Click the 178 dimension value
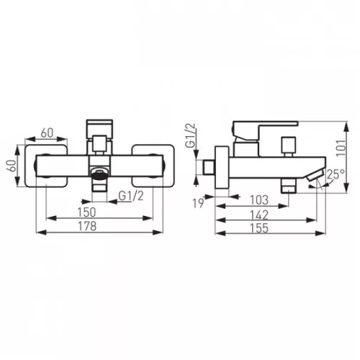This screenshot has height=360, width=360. tap(87, 226)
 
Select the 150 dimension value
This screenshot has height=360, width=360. tap(86, 212)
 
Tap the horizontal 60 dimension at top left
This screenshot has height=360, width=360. tap(47, 133)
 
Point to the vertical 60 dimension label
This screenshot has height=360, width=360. tap(12, 166)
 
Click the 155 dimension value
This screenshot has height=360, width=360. tap(259, 228)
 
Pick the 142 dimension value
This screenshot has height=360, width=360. tap(259, 215)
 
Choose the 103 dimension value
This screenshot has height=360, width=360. tap(259, 200)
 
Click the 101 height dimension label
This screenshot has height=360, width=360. tap(341, 148)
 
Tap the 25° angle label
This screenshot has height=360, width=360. tap(336, 174)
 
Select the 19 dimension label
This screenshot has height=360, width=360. tap(199, 203)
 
